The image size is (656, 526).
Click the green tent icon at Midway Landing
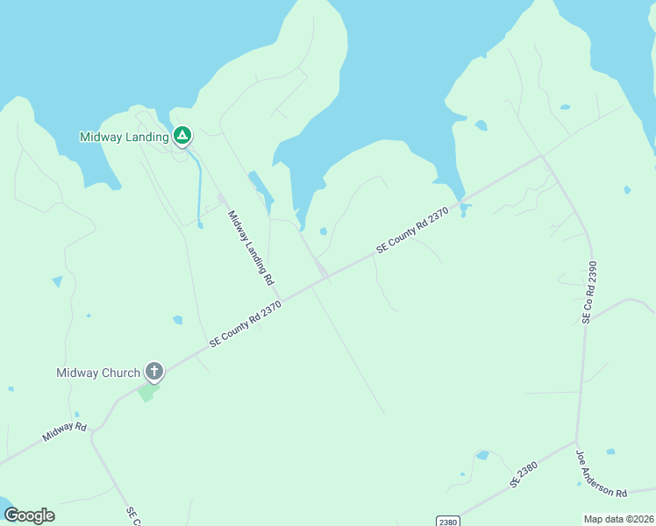pyautogui.click(x=182, y=135)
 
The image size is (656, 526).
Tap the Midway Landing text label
pyautogui.click(x=124, y=137)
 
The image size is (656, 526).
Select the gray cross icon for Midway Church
pyautogui.click(x=154, y=372)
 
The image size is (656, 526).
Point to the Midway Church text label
pyautogui.click(x=98, y=373)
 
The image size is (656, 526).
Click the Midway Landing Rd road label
pyautogui.click(x=252, y=248)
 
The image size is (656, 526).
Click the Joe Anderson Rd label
pyautogui.click(x=601, y=474)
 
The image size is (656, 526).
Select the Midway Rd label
pyautogui.click(x=66, y=431)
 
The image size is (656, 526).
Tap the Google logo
pyautogui.click(x=29, y=515)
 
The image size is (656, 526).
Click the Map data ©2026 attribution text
pyautogui.click(x=618, y=518)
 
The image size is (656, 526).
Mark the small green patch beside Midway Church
pyautogui.click(x=147, y=392)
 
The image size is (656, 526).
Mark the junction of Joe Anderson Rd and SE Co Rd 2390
pyautogui.click(x=576, y=441)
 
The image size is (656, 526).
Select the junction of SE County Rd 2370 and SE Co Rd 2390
pyautogui.click(x=542, y=158)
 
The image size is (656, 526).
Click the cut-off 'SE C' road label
pyautogui.click(x=133, y=515)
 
